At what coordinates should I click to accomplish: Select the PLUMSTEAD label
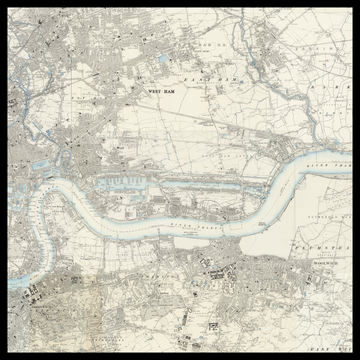321,242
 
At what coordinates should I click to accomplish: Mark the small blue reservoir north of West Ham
164,60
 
